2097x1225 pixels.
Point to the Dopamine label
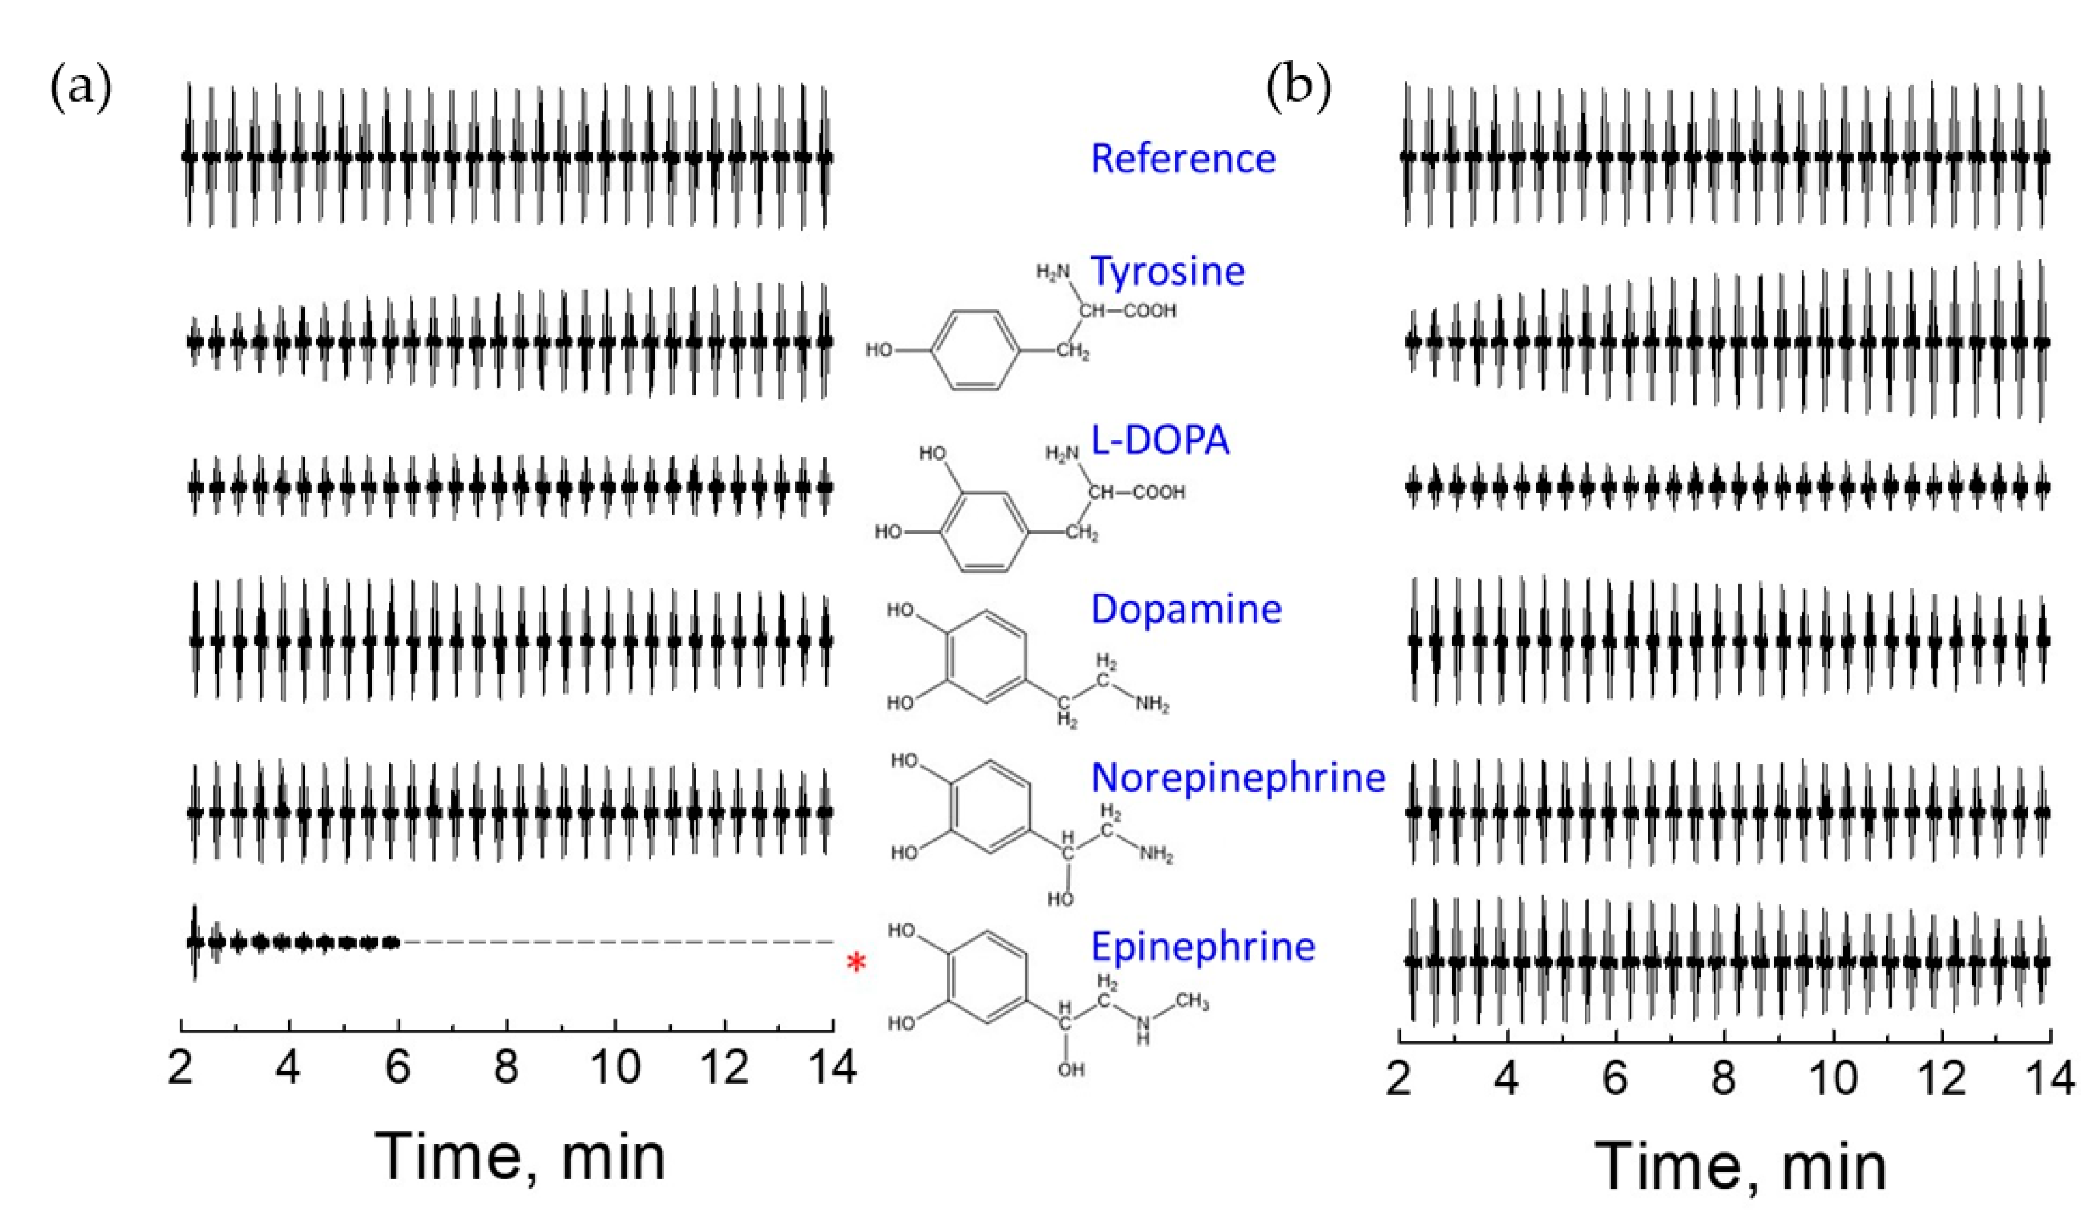(1186, 609)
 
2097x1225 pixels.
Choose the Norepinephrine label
(1238, 778)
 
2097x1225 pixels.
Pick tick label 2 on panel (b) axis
(1400, 1078)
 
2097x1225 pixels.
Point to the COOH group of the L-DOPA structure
(1159, 493)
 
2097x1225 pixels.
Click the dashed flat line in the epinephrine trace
(616, 942)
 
